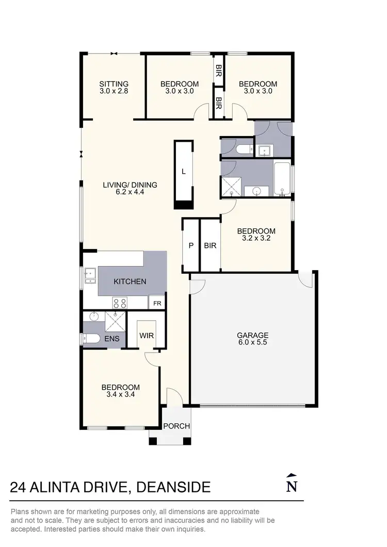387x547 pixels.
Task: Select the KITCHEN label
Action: tap(130, 281)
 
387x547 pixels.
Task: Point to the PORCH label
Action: tap(176, 426)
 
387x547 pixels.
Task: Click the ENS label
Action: tap(112, 339)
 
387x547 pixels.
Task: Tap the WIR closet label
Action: tap(147, 335)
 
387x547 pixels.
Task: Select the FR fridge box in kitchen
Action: tap(157, 304)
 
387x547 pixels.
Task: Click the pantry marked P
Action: tap(191, 246)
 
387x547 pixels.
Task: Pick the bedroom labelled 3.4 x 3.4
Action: tap(120, 391)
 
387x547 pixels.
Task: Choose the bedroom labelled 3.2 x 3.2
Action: tap(256, 235)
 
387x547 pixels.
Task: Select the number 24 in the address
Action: tap(19, 487)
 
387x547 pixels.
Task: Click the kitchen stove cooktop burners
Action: tap(120, 303)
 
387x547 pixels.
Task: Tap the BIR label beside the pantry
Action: tap(210, 246)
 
